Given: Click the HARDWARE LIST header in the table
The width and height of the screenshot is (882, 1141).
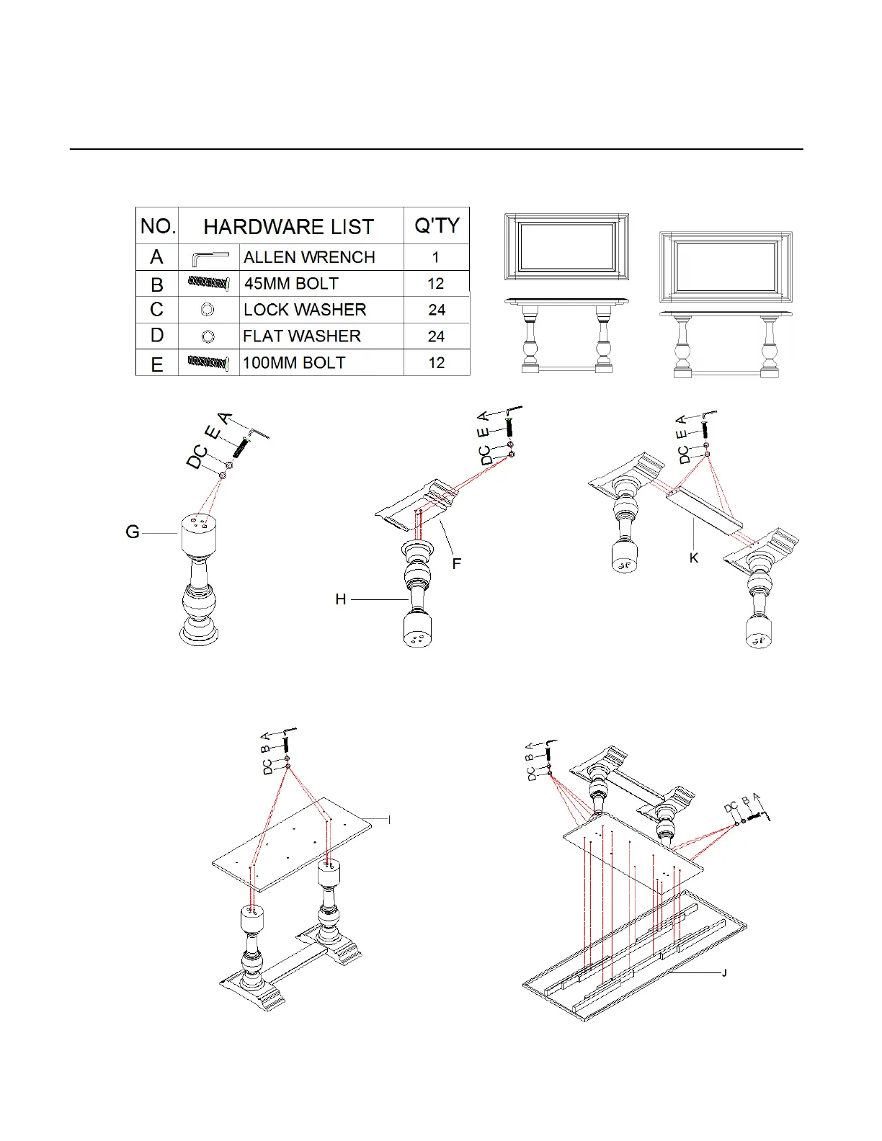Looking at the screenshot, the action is pos(288,227).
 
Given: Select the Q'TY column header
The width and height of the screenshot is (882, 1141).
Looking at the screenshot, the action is pos(437,225).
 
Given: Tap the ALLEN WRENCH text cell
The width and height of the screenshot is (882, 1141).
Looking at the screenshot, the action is pos(309,257).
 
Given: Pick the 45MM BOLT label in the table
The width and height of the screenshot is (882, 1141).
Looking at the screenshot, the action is pos(291,284).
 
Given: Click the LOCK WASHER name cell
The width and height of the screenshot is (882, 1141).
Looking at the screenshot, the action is pos(305,310).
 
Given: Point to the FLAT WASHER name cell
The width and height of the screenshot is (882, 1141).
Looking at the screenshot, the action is pos(301,336).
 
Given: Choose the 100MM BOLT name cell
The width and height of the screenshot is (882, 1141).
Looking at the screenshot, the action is pos(294,363).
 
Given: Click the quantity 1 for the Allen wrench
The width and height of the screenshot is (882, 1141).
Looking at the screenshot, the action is pos(435,257).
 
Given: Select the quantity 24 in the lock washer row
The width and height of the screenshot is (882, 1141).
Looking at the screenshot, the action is pos(437,310).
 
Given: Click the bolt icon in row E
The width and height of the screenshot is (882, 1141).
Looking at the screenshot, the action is pos(208,362).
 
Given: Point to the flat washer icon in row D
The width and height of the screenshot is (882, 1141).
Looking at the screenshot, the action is pos(208,336).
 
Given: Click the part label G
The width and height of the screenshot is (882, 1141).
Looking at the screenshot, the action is pos(133,532).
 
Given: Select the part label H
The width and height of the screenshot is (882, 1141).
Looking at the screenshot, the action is pos(340,599).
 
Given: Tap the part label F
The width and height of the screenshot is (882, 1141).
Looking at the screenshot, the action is pos(457,563).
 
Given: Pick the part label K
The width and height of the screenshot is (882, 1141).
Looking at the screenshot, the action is pos(693,558).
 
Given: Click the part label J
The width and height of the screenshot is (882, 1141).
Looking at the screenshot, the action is pos(724,973).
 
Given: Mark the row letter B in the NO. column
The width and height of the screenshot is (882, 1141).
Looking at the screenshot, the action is pos(156,285).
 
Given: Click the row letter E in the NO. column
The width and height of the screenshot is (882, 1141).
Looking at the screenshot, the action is pos(156,364).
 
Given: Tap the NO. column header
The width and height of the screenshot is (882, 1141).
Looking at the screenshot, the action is pos(158,226).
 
